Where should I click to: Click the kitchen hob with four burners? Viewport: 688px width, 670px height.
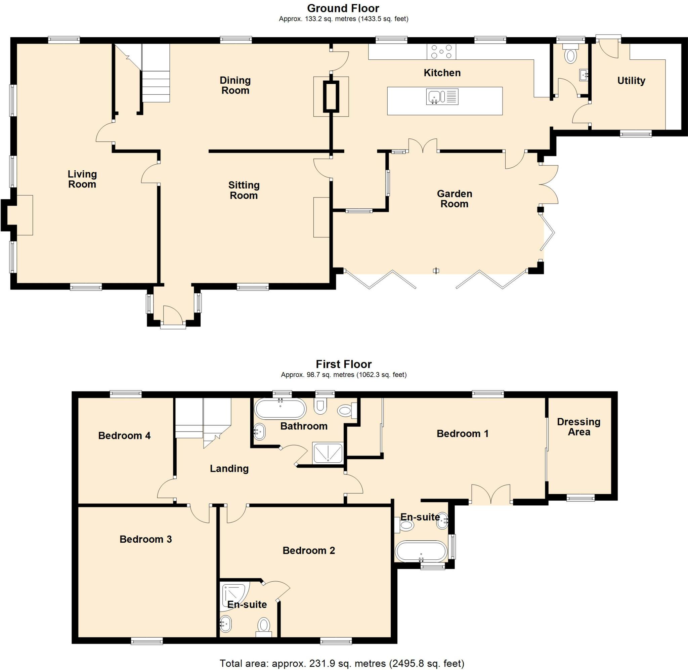441,52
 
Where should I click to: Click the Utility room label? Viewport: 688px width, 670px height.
631,81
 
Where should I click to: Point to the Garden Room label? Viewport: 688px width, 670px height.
454,199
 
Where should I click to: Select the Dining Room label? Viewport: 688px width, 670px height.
235,85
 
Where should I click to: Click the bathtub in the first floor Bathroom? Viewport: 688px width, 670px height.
280,409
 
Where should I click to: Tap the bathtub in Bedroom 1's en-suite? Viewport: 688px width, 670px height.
421,551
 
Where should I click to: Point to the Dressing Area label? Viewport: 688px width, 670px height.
578,427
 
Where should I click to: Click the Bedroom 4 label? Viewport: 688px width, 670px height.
124,436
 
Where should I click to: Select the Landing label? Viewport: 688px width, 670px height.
229,468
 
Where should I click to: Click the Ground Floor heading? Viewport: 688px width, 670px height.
343,8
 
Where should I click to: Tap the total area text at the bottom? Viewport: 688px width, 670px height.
342,663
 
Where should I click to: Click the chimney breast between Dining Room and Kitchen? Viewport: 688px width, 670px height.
331,96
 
